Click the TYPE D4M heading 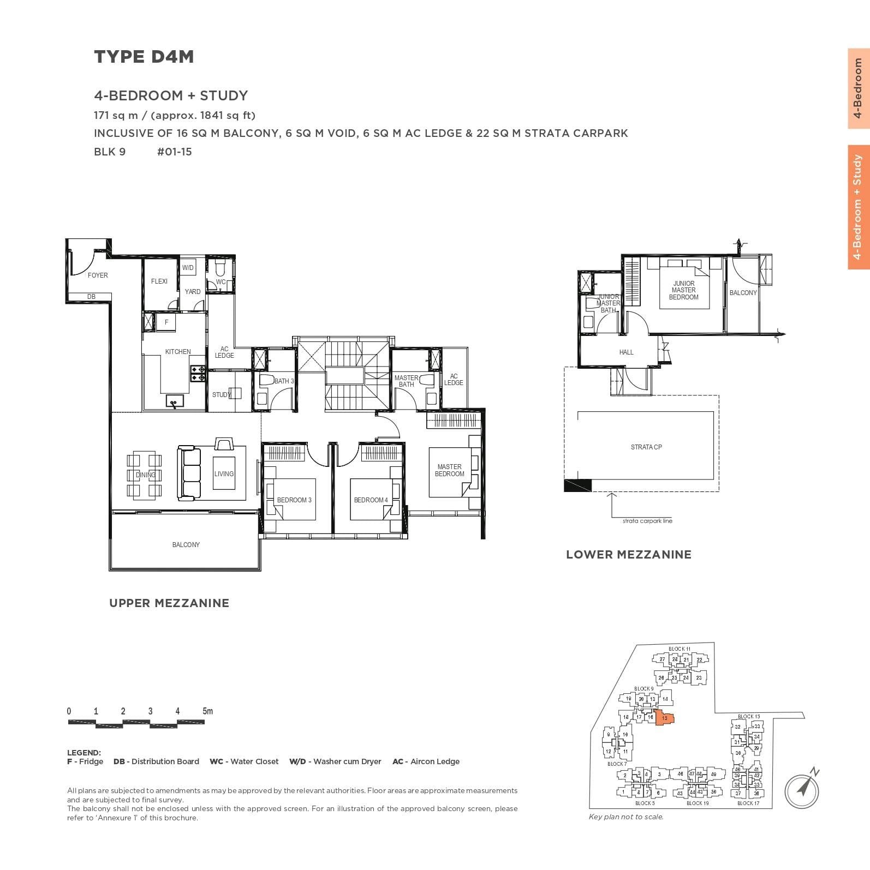click(144, 57)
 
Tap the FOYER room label click(98, 275)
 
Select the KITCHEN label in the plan click(178, 352)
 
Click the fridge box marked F click(166, 322)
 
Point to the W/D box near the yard click(188, 268)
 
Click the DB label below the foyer click(91, 297)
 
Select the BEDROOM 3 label click(294, 500)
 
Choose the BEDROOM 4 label click(371, 500)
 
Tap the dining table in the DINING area click(145, 475)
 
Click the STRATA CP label click(646, 447)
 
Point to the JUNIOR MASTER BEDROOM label click(683, 290)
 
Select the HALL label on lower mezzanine click(626, 352)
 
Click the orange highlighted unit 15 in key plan click(665, 718)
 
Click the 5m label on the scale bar click(207, 711)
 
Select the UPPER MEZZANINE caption click(169, 603)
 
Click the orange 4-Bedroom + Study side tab click(858, 207)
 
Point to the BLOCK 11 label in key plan click(679, 649)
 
